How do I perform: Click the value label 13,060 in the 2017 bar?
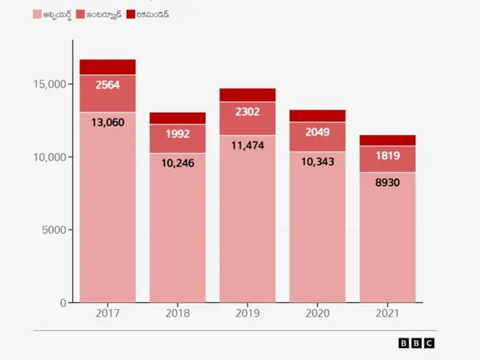pyautogui.click(x=108, y=121)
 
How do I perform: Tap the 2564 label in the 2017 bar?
pyautogui.click(x=108, y=85)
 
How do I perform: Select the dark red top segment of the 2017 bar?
pyautogui.click(x=108, y=67)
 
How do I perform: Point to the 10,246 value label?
pyautogui.click(x=178, y=162)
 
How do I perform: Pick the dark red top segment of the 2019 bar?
pyautogui.click(x=247, y=94)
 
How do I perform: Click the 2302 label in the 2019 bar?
pyautogui.click(x=247, y=112)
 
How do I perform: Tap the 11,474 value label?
pyautogui.click(x=247, y=145)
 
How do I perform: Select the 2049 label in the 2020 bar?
pyautogui.click(x=317, y=133)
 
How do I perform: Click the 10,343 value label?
pyautogui.click(x=317, y=161)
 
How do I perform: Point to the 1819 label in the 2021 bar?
pyautogui.click(x=387, y=156)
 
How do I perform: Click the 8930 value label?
pyautogui.click(x=387, y=182)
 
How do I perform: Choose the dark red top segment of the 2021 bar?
pyautogui.click(x=387, y=140)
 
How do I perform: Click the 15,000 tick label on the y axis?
pyautogui.click(x=49, y=85)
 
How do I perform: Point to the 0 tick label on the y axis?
pyautogui.click(x=64, y=302)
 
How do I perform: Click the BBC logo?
pyautogui.click(x=416, y=343)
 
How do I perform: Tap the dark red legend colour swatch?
pyautogui.click(x=130, y=14)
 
